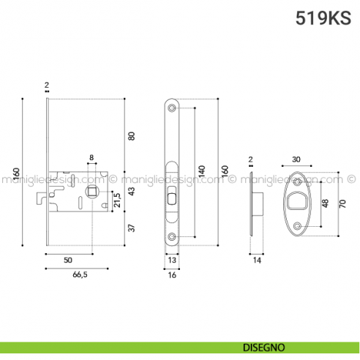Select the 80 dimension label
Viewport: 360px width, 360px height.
coord(132,136)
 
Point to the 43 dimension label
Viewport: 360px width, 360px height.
coord(132,192)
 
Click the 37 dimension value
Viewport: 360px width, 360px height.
coord(132,228)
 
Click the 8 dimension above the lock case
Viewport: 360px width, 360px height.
coord(91,157)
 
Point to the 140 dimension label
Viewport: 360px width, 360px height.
coord(200,173)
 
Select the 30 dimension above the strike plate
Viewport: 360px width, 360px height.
coord(296,159)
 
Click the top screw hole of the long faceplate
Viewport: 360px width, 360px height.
coord(173,108)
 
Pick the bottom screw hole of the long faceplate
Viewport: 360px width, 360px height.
coord(173,236)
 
